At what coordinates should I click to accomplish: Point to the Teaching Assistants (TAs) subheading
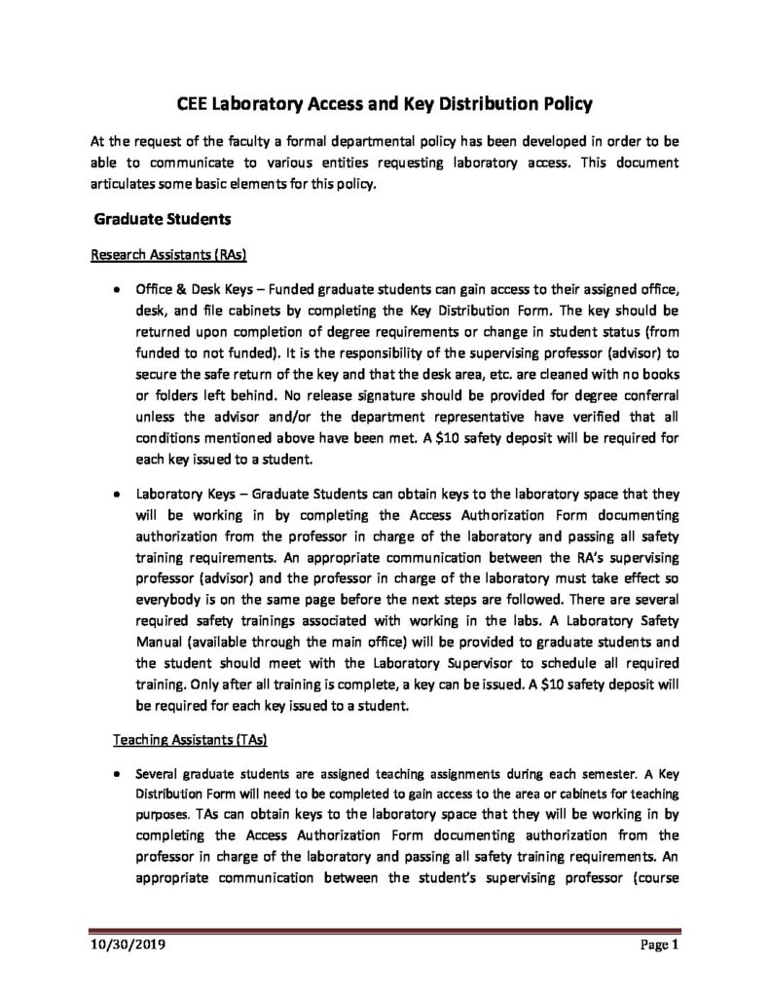point(165,741)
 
